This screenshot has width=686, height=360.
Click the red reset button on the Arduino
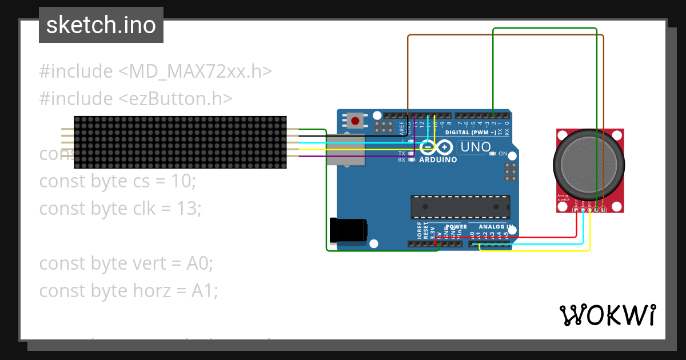[356, 121]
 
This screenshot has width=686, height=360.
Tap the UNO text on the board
[476, 147]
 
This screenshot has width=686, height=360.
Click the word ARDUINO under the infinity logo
[438, 160]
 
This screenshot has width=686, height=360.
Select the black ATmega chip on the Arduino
[460, 207]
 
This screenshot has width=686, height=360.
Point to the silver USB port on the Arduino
[345, 150]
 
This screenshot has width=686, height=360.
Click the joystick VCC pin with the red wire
[576, 210]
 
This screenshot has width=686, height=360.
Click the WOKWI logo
[607, 315]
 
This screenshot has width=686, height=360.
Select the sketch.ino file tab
[101, 25]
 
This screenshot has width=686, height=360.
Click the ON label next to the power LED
[502, 154]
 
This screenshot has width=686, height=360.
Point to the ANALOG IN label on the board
[496, 227]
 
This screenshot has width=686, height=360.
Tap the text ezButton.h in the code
[175, 99]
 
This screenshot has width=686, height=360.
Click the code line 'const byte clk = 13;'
[120, 209]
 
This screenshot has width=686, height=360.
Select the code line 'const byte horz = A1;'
[129, 291]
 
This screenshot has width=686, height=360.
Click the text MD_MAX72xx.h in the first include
[195, 71]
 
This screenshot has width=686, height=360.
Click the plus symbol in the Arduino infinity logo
[444, 147]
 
